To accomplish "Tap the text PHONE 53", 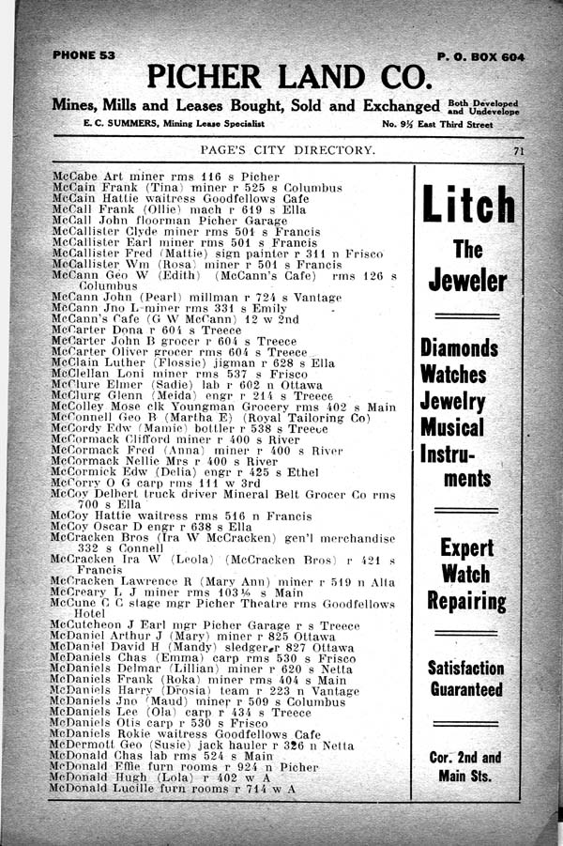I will pyautogui.click(x=84, y=55).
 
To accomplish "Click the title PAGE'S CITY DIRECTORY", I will pyautogui.click(x=288, y=150).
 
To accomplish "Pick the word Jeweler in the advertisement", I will pyautogui.click(x=467, y=280).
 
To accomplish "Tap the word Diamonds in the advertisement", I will pyautogui.click(x=459, y=347).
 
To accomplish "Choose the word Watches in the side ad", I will pyautogui.click(x=453, y=374).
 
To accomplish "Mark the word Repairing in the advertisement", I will pyautogui.click(x=467, y=600).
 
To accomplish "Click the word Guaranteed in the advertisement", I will pyautogui.click(x=466, y=689).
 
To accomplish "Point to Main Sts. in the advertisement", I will pyautogui.click(x=466, y=776).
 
